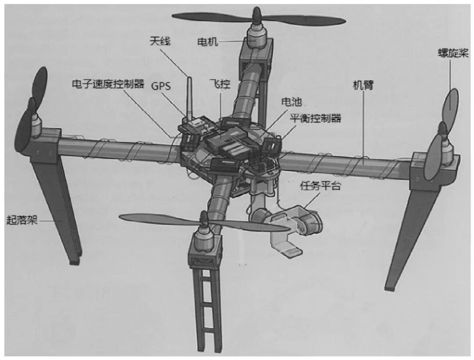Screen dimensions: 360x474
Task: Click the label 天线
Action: click(159, 42)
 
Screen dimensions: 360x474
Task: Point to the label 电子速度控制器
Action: click(108, 84)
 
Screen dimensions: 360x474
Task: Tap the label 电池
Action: click(291, 102)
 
